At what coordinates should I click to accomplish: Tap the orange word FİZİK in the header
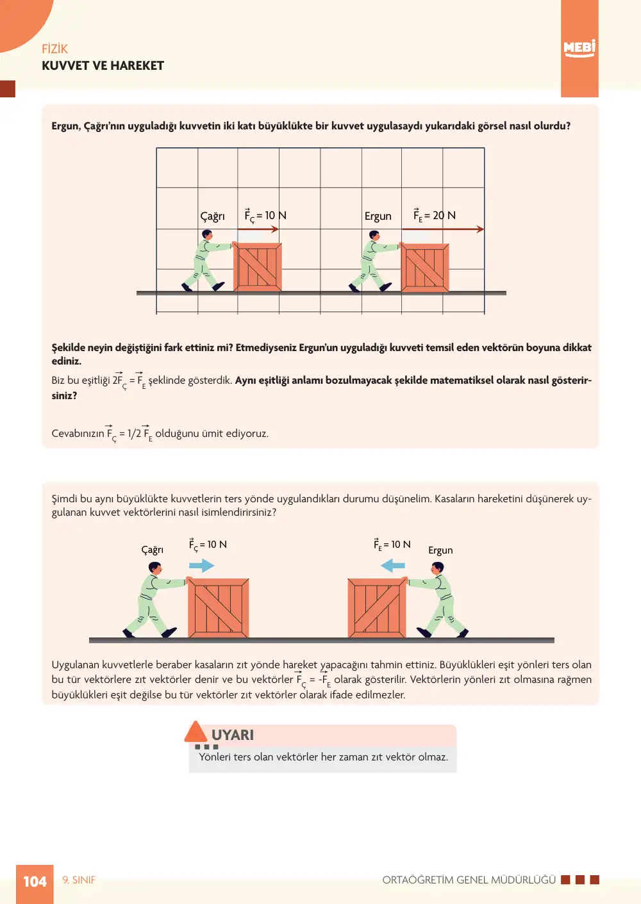[54, 49]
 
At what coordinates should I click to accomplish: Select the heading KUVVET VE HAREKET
[103, 66]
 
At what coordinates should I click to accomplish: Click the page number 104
[35, 882]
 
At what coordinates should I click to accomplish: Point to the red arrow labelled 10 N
[258, 229]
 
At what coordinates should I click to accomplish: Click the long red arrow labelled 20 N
[443, 229]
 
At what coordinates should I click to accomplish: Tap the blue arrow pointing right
[202, 566]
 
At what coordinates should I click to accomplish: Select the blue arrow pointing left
[393, 565]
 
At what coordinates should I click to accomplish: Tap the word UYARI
[233, 735]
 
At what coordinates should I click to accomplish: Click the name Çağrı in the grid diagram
[212, 217]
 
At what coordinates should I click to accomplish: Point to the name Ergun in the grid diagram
[378, 217]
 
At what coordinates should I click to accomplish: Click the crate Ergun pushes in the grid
[424, 267]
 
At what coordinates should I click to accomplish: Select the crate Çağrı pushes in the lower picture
[219, 608]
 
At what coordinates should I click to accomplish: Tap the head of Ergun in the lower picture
[437, 568]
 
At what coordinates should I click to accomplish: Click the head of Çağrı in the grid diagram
[206, 235]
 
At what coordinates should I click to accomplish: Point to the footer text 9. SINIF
[79, 880]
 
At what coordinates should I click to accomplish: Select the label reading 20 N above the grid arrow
[444, 215]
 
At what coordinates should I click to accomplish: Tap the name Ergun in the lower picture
[440, 550]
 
